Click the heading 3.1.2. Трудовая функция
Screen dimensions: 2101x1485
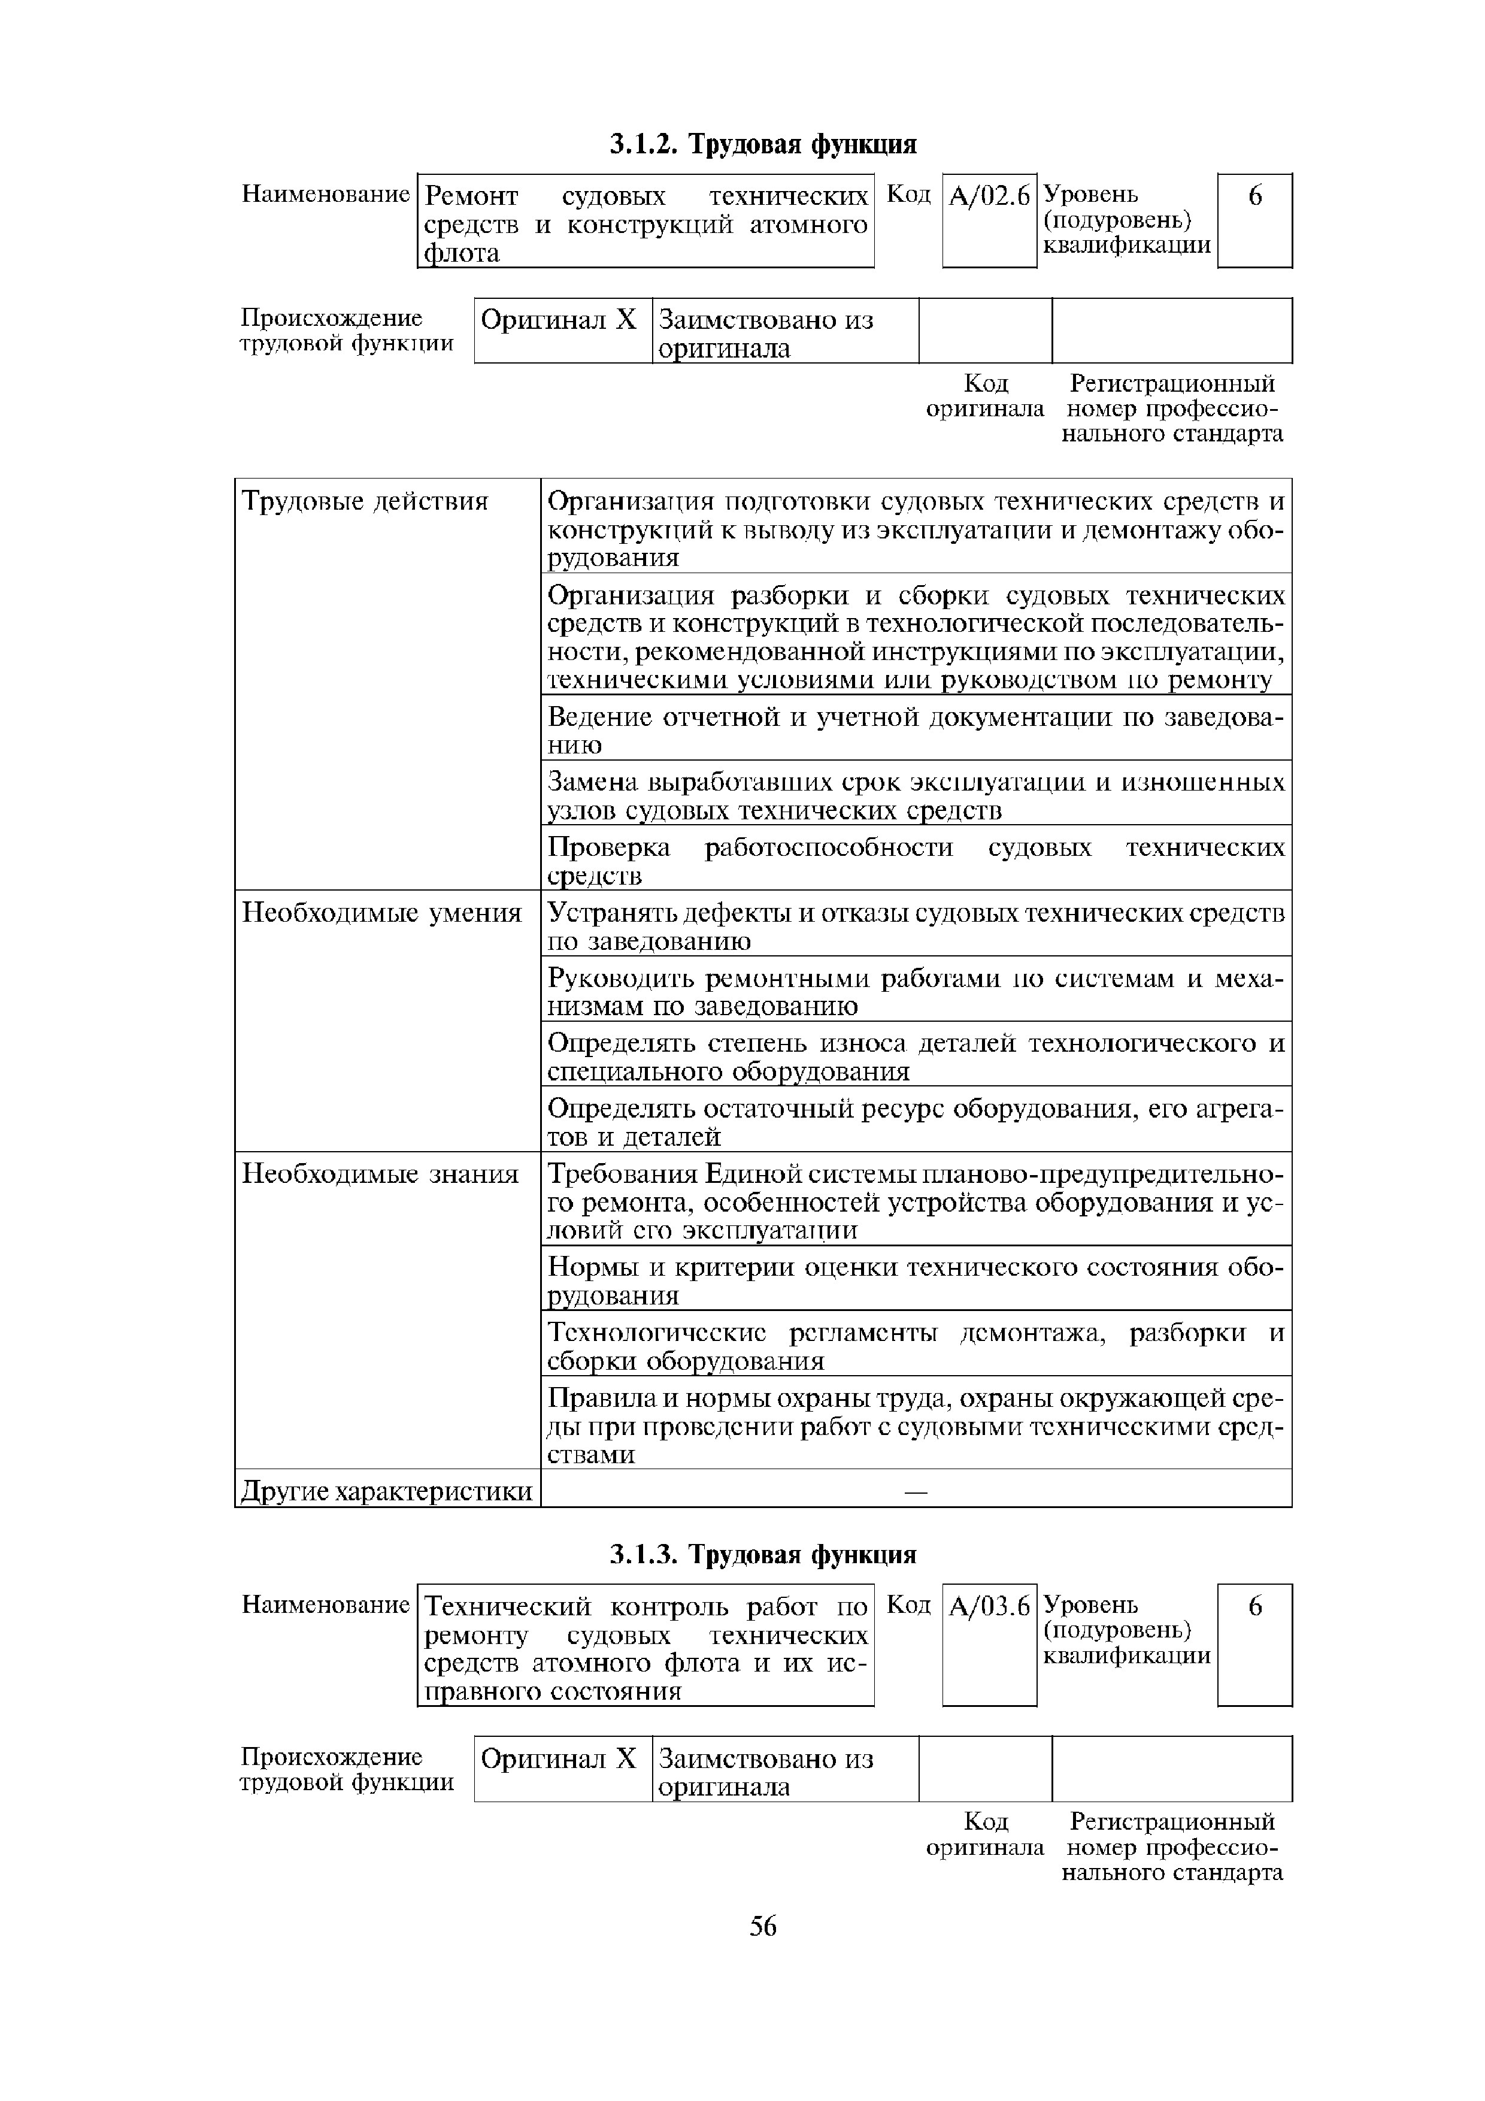click(x=762, y=144)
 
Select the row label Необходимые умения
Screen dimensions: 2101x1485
click(x=381, y=913)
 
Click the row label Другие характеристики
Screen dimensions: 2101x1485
click(x=386, y=1491)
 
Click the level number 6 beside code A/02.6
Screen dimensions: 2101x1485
click(x=1254, y=196)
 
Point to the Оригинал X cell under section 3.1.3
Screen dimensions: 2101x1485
click(x=558, y=1759)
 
